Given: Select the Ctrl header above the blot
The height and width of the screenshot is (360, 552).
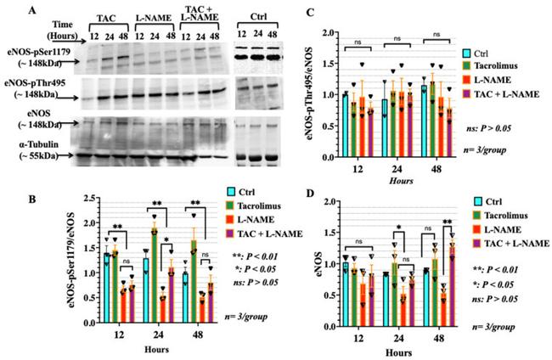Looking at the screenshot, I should click(x=251, y=14).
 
